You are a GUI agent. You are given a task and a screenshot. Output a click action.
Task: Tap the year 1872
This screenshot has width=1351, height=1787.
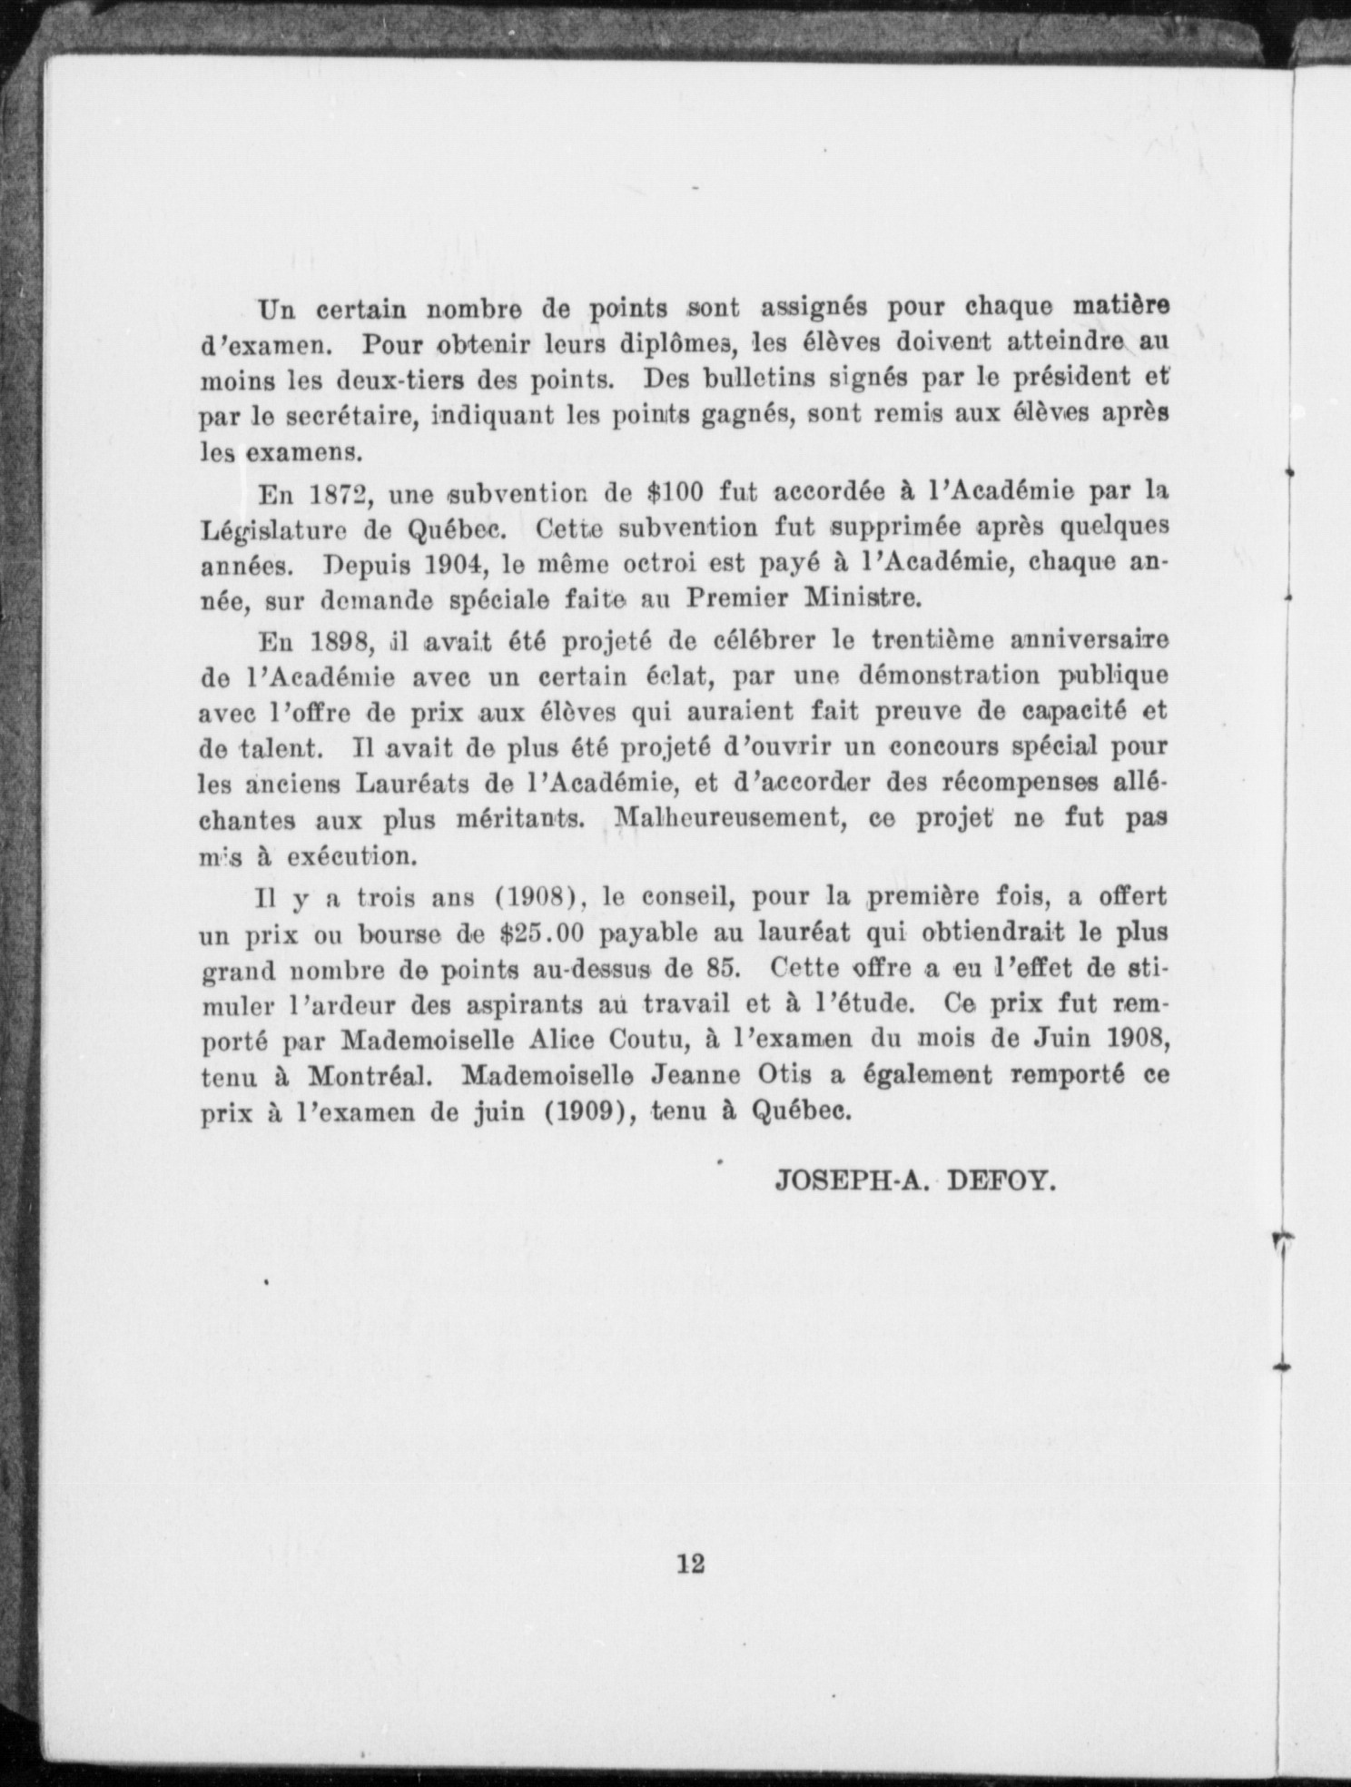pyautogui.click(x=339, y=494)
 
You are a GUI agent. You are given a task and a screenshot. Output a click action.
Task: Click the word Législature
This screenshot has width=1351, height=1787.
pyautogui.click(x=274, y=529)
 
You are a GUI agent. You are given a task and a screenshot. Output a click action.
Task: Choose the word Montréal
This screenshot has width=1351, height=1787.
pyautogui.click(x=368, y=1076)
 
